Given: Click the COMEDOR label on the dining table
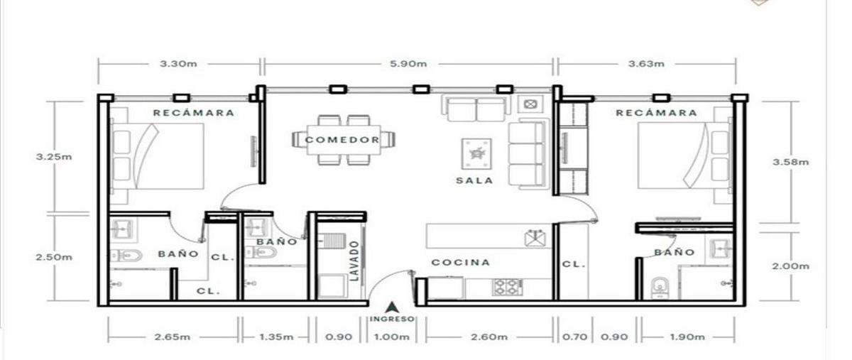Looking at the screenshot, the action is pyautogui.click(x=342, y=140).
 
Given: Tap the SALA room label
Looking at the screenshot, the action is pyautogui.click(x=474, y=180).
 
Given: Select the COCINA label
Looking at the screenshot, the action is pyautogui.click(x=461, y=262).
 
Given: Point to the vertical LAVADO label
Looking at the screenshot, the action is pyautogui.click(x=354, y=261).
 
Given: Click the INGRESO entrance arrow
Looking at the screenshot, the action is pyautogui.click(x=391, y=307).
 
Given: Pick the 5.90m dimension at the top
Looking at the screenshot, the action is pyautogui.click(x=408, y=64).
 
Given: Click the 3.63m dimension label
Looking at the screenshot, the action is pyautogui.click(x=646, y=64).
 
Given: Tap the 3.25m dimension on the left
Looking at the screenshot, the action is pyautogui.click(x=54, y=156).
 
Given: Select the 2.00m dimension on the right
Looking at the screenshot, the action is pyautogui.click(x=790, y=266).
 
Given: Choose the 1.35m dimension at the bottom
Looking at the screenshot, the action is pyautogui.click(x=276, y=337).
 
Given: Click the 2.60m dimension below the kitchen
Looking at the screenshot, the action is pyautogui.click(x=489, y=337).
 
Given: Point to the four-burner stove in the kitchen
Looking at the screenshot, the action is pyautogui.click(x=508, y=288).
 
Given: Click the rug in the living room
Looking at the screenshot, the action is pyautogui.click(x=476, y=154).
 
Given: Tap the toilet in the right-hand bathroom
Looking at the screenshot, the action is pyautogui.click(x=660, y=288).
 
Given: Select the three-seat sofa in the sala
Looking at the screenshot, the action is pyautogui.click(x=529, y=154).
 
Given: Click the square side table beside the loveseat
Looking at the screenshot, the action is pyautogui.click(x=530, y=103).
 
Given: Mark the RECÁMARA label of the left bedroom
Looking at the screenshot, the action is pyautogui.click(x=194, y=113).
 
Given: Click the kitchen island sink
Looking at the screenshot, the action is pyautogui.click(x=535, y=238).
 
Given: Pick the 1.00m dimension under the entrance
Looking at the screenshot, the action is pyautogui.click(x=391, y=337).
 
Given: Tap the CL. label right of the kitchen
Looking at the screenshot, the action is pyautogui.click(x=574, y=264).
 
